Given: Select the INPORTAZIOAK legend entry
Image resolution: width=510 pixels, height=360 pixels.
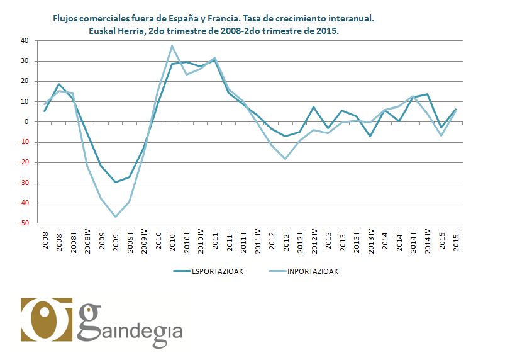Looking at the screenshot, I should tap(313, 271).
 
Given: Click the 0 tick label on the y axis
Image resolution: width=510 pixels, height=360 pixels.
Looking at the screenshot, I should tap(27, 122).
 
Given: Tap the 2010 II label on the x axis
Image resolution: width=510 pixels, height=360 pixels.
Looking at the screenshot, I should tap(172, 240).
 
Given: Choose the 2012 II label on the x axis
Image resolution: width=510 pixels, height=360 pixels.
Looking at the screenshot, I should tap(286, 240).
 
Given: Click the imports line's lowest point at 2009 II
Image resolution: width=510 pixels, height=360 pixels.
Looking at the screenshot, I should tap(116, 217).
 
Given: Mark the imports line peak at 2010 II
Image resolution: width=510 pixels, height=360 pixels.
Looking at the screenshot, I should tap(172, 45).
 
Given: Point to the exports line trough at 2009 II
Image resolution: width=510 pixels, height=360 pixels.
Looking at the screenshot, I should tap(116, 182).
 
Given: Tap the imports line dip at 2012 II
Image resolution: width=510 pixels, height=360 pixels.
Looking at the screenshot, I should tap(286, 159).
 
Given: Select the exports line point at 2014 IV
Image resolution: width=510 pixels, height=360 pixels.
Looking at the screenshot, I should tap(428, 94).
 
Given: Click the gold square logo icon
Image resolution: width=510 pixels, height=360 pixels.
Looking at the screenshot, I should tap(47, 319).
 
